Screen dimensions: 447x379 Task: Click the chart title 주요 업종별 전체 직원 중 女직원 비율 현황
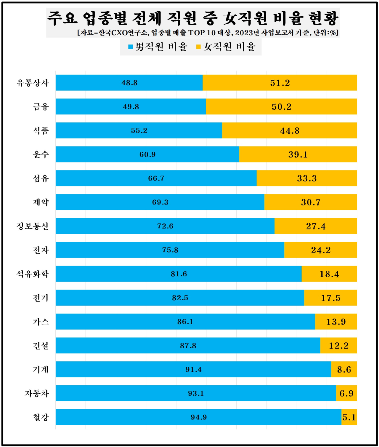pyautogui.click(x=192, y=18)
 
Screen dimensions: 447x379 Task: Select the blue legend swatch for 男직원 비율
pyautogui.click(x=130, y=47)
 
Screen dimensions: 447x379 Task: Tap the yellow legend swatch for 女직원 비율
pyautogui.click(x=198, y=47)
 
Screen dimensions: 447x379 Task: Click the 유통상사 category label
pyautogui.click(x=33, y=83)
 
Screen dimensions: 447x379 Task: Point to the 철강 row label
pyautogui.click(x=41, y=417)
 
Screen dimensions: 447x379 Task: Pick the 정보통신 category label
pyautogui.click(x=33, y=226)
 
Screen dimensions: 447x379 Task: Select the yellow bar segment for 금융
pyautogui.click(x=281, y=107)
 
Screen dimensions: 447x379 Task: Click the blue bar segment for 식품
pyautogui.click(x=139, y=130)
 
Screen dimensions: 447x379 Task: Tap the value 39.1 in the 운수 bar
pyautogui.click(x=298, y=154)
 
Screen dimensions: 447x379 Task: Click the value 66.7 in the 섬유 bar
pyautogui.click(x=156, y=178)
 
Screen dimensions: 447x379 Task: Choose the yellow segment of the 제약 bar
pyautogui.click(x=311, y=202)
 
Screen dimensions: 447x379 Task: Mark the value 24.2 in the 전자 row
pyautogui.click(x=321, y=250)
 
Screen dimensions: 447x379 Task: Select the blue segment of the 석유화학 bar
pyautogui.click(x=179, y=274)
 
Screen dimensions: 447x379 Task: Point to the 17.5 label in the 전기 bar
pyautogui.click(x=331, y=298)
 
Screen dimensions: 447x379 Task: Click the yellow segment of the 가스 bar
pyautogui.click(x=336, y=322)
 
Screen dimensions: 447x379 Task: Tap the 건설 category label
pyautogui.click(x=41, y=346)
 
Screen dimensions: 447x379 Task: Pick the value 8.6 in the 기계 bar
pyautogui.click(x=344, y=370)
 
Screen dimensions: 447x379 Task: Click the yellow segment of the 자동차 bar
pyautogui.click(x=346, y=393)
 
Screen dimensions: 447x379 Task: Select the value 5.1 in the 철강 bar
pyautogui.click(x=349, y=417)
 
